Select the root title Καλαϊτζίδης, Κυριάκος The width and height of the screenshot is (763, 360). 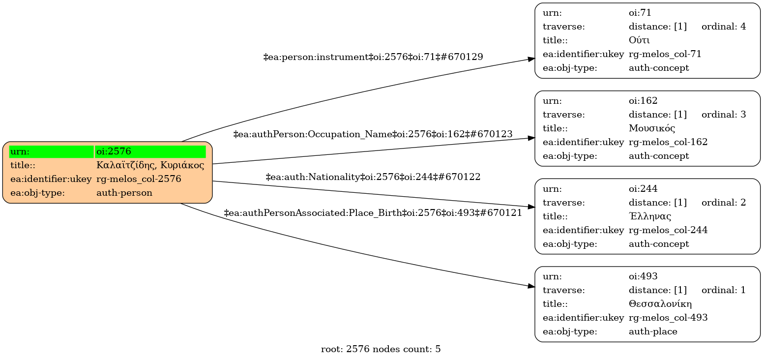click(150, 165)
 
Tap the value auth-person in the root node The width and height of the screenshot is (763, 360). click(124, 193)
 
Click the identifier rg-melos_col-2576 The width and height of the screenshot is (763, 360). click(139, 179)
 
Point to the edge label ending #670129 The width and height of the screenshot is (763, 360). click(373, 57)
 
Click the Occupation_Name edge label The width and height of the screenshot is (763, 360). click(373, 134)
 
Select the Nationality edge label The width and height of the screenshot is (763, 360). click(373, 177)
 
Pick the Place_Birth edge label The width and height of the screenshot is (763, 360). click(373, 213)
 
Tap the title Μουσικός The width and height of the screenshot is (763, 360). click(651, 128)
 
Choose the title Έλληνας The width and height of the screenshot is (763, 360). click(650, 216)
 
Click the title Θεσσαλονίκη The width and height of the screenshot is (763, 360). click(660, 304)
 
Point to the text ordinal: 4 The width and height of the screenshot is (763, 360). click(724, 27)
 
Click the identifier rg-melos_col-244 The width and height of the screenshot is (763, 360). click(668, 230)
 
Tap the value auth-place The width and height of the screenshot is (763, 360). click(653, 331)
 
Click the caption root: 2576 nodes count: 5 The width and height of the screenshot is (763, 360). click(381, 350)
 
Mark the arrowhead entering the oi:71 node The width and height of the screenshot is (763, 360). click(531, 59)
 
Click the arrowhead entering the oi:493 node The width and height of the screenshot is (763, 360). click(531, 286)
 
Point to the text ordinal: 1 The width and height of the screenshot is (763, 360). click(724, 290)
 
